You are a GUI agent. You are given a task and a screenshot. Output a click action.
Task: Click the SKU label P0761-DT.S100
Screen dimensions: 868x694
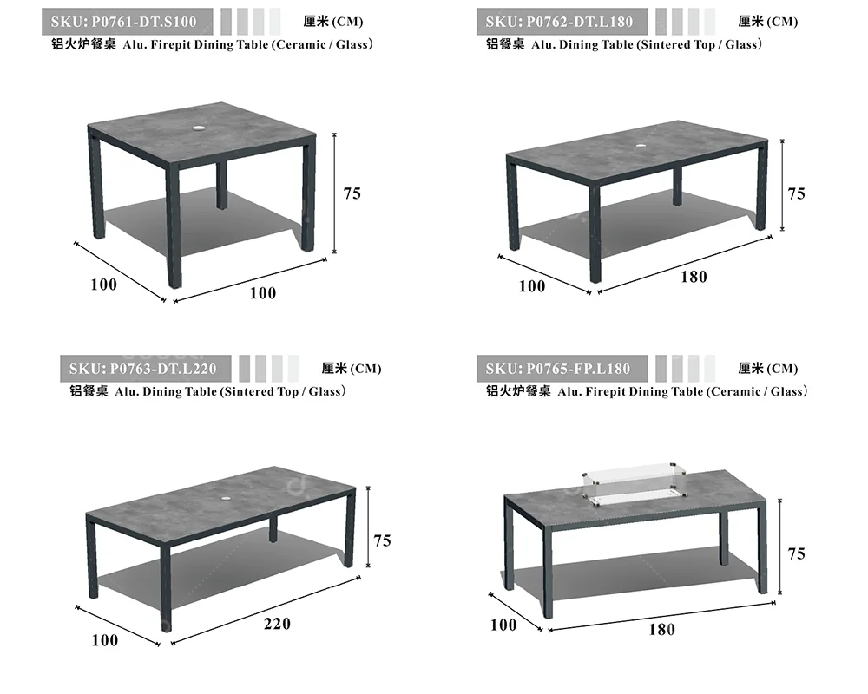click(123, 22)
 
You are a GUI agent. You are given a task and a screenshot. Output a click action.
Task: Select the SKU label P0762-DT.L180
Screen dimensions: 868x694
click(559, 22)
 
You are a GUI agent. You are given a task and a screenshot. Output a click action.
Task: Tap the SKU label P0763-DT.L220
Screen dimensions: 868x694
click(143, 369)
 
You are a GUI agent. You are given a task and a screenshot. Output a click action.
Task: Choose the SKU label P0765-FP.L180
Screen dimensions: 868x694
click(558, 369)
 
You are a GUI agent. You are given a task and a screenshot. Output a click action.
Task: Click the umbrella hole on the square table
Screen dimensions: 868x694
click(198, 128)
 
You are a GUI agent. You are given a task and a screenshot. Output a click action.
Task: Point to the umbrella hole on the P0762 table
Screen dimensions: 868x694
click(641, 146)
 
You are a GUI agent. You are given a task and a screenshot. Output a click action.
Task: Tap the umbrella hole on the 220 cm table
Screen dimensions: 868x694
click(227, 499)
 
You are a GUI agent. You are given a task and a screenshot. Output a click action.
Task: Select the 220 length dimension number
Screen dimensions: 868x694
click(277, 624)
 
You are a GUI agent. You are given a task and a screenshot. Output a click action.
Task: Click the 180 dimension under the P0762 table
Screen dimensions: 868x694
click(694, 277)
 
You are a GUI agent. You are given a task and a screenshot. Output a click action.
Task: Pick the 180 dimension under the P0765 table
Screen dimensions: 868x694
click(661, 630)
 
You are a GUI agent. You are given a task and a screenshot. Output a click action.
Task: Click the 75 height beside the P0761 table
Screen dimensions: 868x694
click(352, 193)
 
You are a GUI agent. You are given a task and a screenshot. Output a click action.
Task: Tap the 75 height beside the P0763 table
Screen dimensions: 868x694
click(382, 540)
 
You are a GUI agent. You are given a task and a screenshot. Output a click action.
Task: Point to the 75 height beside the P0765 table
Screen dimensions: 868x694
click(796, 553)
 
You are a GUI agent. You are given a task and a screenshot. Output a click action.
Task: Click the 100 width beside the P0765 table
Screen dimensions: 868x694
click(503, 625)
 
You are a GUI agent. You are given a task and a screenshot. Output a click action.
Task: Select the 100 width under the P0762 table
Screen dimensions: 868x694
click(532, 286)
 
